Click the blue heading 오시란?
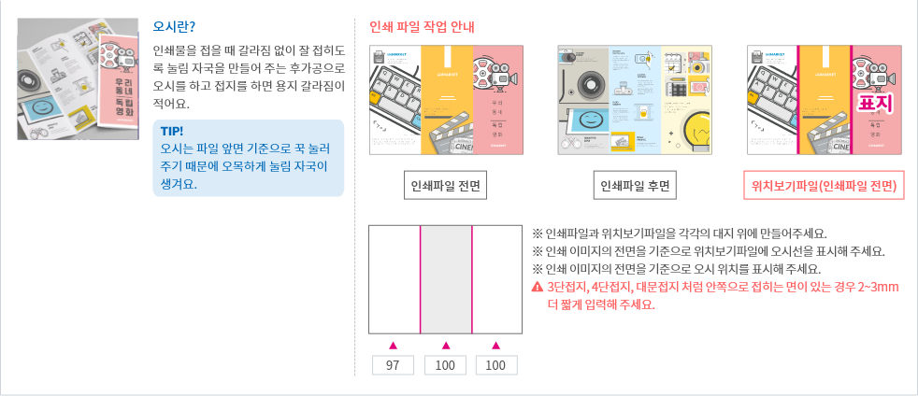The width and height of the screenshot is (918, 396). pyautogui.click(x=174, y=25)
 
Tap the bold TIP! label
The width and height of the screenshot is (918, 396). pyautogui.click(x=172, y=132)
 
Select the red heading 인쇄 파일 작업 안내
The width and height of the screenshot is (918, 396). pyautogui.click(x=422, y=26)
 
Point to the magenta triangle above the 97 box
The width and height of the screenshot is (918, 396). pyautogui.click(x=394, y=345)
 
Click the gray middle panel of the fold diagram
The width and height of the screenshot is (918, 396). pyautogui.click(x=446, y=278)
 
